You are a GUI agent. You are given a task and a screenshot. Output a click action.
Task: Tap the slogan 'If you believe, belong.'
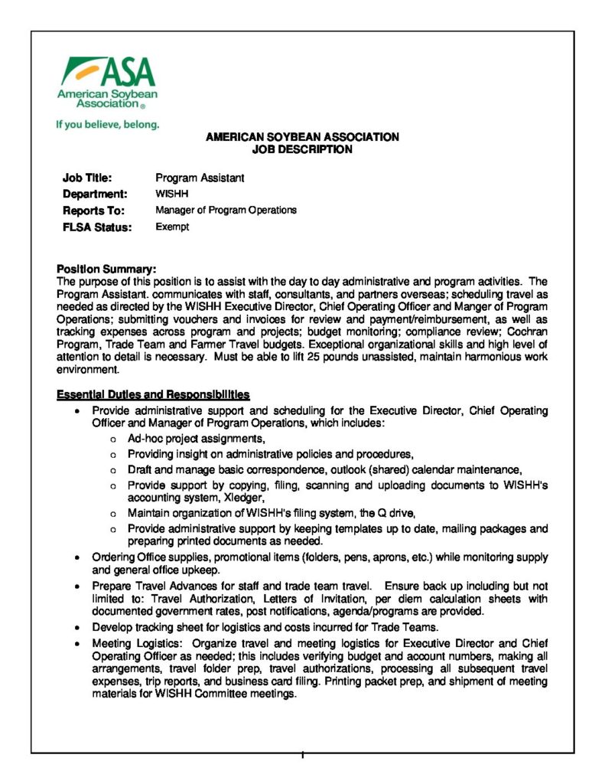coord(107,124)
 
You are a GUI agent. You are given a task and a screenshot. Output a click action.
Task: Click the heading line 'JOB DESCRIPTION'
coord(302,149)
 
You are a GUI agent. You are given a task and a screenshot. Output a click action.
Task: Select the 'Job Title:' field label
coord(87,178)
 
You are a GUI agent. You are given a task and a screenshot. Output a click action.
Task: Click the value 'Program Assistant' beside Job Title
coord(200,178)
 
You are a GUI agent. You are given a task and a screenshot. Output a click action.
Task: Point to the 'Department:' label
coord(95,194)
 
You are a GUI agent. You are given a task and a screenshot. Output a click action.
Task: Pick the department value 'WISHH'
coord(171,194)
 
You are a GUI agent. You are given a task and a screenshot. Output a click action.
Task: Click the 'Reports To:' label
coord(93,210)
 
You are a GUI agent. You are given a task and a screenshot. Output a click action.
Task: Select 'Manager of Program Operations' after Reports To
coord(226,210)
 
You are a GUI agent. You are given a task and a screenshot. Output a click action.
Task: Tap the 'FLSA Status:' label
coord(97,227)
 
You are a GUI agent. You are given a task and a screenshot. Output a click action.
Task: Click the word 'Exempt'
coord(172,227)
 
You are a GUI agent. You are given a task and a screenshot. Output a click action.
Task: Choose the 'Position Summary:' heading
coord(106,269)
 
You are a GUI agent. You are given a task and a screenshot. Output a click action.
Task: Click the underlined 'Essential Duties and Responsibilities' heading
coord(153,395)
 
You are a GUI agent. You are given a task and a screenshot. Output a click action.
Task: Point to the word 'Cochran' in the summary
coord(527,332)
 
